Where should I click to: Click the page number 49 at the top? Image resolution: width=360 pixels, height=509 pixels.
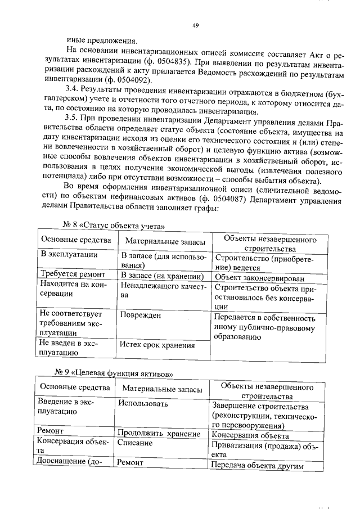(195, 25)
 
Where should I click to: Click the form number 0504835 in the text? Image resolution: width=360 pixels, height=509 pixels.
(207, 61)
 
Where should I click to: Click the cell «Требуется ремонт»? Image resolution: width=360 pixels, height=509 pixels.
(72, 274)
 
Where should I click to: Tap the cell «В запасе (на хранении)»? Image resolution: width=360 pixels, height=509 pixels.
(162, 276)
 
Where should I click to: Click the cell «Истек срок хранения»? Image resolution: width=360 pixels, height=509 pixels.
(158, 345)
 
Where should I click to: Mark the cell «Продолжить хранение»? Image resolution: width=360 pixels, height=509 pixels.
(159, 434)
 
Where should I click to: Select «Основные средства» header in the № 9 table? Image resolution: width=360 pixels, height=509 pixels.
(73, 388)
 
